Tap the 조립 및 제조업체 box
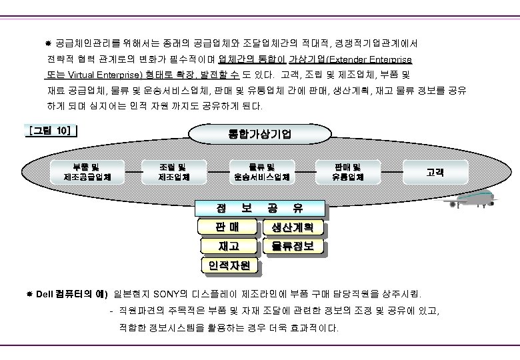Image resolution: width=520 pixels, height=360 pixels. click(x=173, y=171)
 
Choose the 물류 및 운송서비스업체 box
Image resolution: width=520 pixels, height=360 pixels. click(x=261, y=171)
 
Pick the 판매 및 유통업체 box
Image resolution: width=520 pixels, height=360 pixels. click(x=348, y=171)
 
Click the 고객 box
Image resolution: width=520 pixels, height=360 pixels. click(x=435, y=172)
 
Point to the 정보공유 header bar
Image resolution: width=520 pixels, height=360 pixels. click(x=260, y=208)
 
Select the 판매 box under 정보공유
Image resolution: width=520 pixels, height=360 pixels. click(x=229, y=227)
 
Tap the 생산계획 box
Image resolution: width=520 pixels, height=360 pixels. click(x=293, y=227)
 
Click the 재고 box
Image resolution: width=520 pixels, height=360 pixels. click(x=229, y=247)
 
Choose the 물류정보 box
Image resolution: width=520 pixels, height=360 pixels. click(x=293, y=247)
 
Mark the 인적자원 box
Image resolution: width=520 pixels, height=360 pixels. click(x=229, y=266)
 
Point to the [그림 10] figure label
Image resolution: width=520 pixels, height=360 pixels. click(x=51, y=129)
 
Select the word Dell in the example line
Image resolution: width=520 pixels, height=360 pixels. click(x=44, y=293)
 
